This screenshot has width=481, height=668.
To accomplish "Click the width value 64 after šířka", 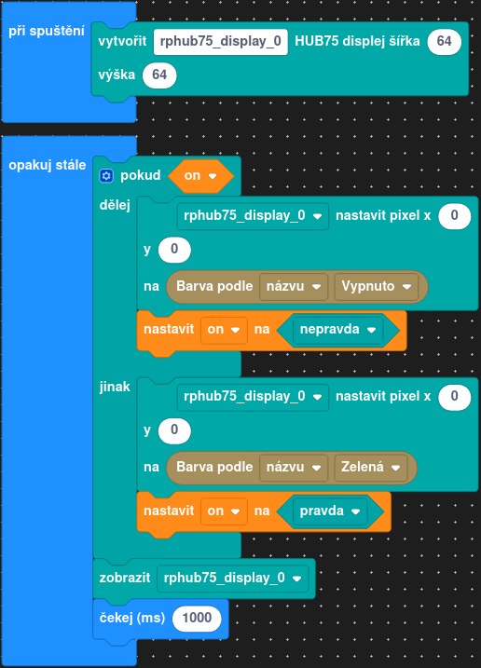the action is (x=444, y=41).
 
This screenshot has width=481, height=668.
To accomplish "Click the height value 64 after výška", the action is (x=159, y=75).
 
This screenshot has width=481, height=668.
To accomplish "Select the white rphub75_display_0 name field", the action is (x=220, y=41).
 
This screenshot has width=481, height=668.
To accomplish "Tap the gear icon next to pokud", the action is (x=106, y=175).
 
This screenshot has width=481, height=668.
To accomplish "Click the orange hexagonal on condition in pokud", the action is (x=200, y=175).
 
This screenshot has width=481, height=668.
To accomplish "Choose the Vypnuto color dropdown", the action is (x=376, y=286).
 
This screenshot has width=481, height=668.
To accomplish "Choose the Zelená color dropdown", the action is (x=371, y=468).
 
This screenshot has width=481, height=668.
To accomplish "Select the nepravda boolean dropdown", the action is (x=337, y=329).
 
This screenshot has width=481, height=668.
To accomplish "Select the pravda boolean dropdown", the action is (x=330, y=511).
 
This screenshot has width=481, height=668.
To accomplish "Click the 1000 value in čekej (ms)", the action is (x=197, y=618).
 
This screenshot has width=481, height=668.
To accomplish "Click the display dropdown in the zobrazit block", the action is (x=232, y=579).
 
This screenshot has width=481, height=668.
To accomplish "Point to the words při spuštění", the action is (x=47, y=32).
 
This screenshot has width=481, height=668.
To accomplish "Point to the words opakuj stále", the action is (x=48, y=165).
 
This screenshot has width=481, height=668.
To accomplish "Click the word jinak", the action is (x=115, y=387).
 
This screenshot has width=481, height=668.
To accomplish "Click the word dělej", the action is (x=115, y=205).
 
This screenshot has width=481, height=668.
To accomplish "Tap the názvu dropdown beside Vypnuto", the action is (x=294, y=286).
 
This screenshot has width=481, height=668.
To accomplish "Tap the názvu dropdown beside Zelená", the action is (x=294, y=468).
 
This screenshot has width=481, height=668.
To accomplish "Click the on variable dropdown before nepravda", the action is (x=224, y=329).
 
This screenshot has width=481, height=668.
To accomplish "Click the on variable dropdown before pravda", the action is (x=224, y=511).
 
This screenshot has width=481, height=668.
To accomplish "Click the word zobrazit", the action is (x=125, y=579).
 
